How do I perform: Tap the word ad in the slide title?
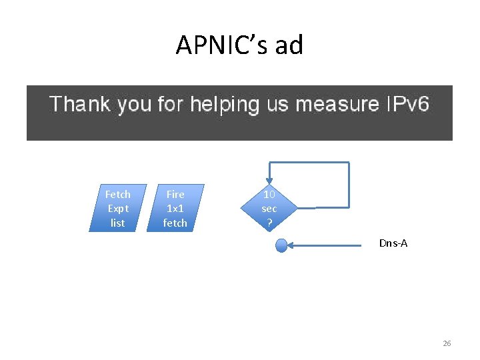click(289, 45)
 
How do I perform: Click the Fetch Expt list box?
click(117, 208)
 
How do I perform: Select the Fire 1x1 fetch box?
click(175, 208)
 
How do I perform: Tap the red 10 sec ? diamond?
click(269, 208)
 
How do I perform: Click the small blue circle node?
click(281, 246)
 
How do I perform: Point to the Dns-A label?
click(393, 243)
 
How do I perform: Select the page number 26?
click(447, 343)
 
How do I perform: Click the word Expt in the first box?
click(117, 208)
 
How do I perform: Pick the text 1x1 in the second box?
click(175, 208)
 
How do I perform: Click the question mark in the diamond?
click(269, 223)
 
